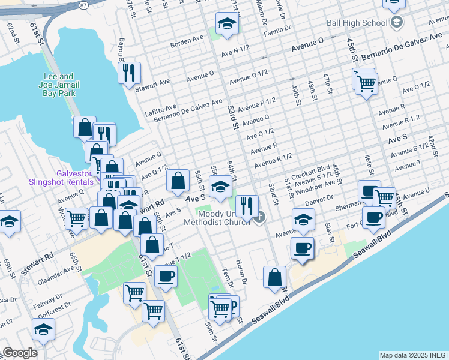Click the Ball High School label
(357, 23)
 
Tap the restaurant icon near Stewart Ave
(129, 73)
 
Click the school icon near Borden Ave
(227, 25)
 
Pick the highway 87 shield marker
(82, 5)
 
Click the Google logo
(19, 353)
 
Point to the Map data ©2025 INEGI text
(413, 355)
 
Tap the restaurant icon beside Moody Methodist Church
(246, 205)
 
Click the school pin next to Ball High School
(396, 23)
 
